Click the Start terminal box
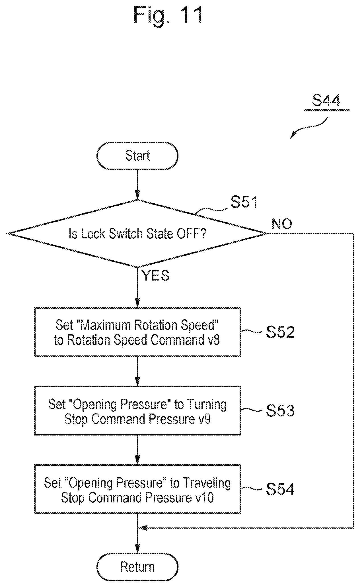click(137, 156)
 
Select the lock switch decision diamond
click(137, 234)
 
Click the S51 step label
click(244, 202)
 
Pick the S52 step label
click(280, 332)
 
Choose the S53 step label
click(280, 410)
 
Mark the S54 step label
click(280, 489)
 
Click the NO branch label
click(282, 224)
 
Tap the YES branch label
click(155, 275)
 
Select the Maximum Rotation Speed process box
click(137, 332)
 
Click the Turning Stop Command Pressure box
click(137, 410)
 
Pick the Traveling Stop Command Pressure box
click(137, 489)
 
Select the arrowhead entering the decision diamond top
click(137, 196)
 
